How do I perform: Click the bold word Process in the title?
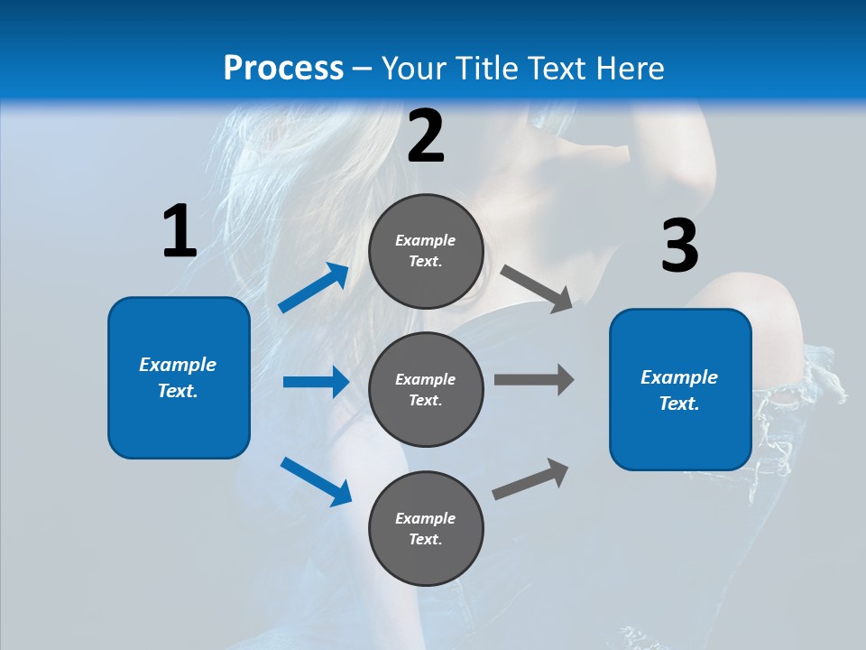click(x=283, y=68)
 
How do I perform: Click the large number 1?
click(x=180, y=231)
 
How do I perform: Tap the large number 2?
click(x=426, y=136)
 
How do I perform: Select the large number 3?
click(x=679, y=246)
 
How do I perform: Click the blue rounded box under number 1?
click(x=179, y=377)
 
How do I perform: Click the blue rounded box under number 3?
click(x=680, y=389)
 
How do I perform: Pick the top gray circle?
click(x=426, y=251)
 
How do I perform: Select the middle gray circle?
click(x=426, y=389)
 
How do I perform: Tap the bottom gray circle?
click(x=426, y=528)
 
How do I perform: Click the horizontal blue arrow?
click(x=316, y=382)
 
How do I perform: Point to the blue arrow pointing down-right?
click(x=316, y=481)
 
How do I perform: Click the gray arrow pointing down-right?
click(x=537, y=289)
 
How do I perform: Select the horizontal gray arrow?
click(x=534, y=379)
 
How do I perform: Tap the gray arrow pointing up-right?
click(x=530, y=478)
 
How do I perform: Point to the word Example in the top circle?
click(x=426, y=240)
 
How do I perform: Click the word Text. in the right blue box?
click(x=679, y=404)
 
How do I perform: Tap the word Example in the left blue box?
click(x=178, y=365)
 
